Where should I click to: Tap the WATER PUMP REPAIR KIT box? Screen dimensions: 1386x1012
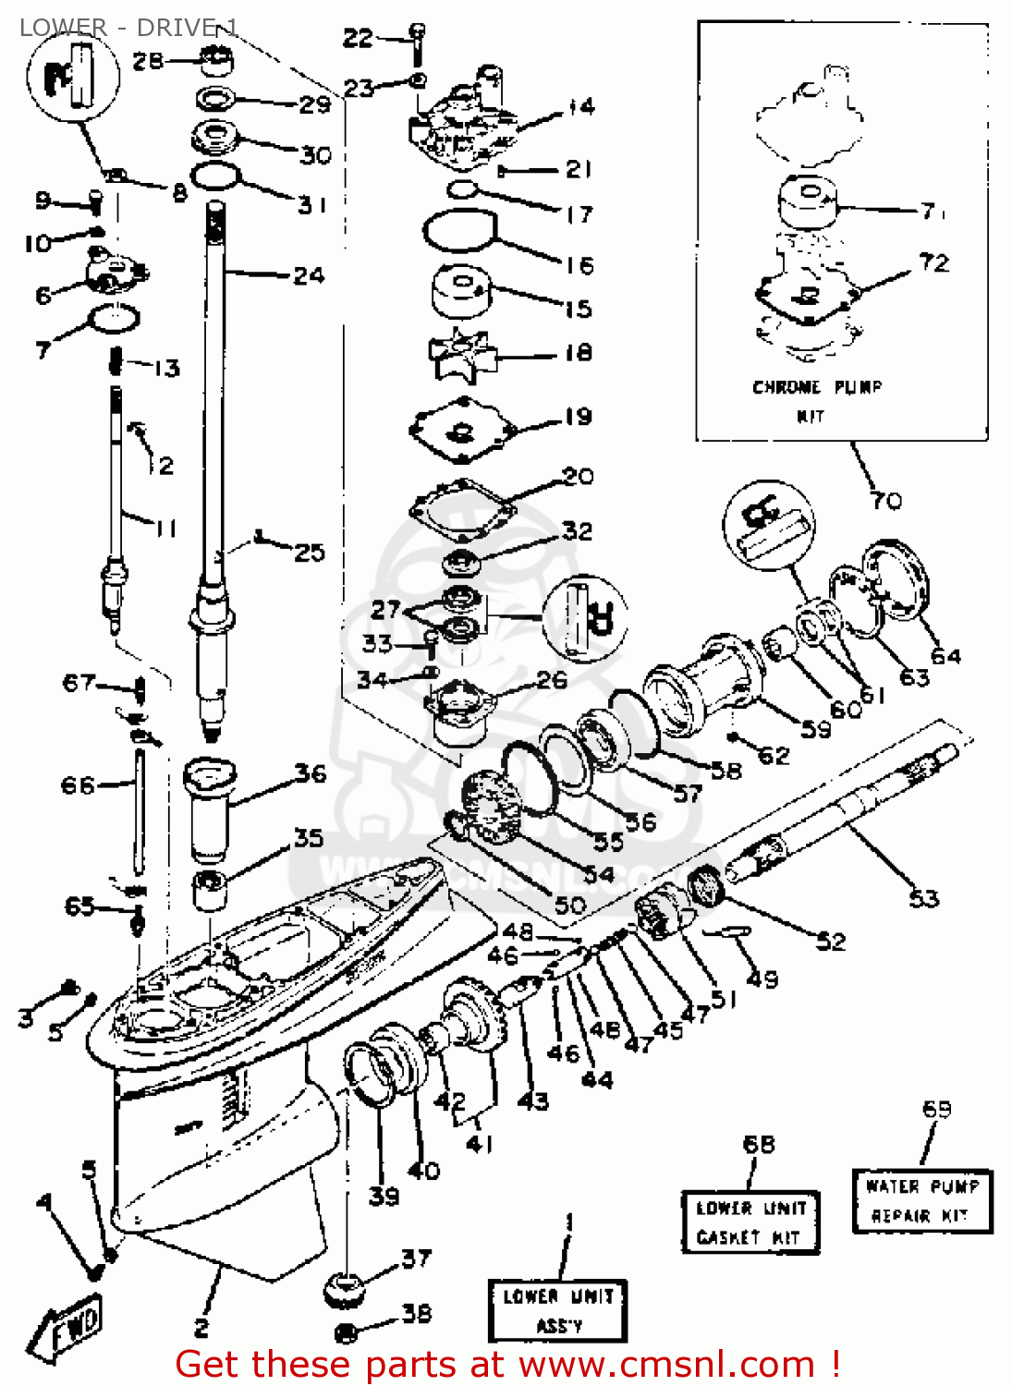(x=921, y=1200)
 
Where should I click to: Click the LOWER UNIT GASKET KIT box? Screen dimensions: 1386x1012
(x=750, y=1222)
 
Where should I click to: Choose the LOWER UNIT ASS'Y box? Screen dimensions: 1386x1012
(x=557, y=1310)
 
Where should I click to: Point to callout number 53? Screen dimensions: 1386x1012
(x=923, y=898)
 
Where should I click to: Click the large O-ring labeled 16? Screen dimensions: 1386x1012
(x=459, y=230)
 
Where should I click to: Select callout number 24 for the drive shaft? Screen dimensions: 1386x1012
(x=309, y=275)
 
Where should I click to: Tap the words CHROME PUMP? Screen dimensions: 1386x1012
(x=816, y=387)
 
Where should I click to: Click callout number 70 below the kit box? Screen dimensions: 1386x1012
(x=885, y=501)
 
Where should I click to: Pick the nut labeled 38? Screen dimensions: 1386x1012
(x=346, y=1332)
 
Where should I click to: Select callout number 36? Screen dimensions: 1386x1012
(x=311, y=773)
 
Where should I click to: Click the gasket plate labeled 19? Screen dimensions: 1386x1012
(x=461, y=430)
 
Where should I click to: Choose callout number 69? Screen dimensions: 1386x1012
(x=936, y=1108)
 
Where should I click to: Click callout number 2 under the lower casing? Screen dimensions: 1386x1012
(x=201, y=1328)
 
